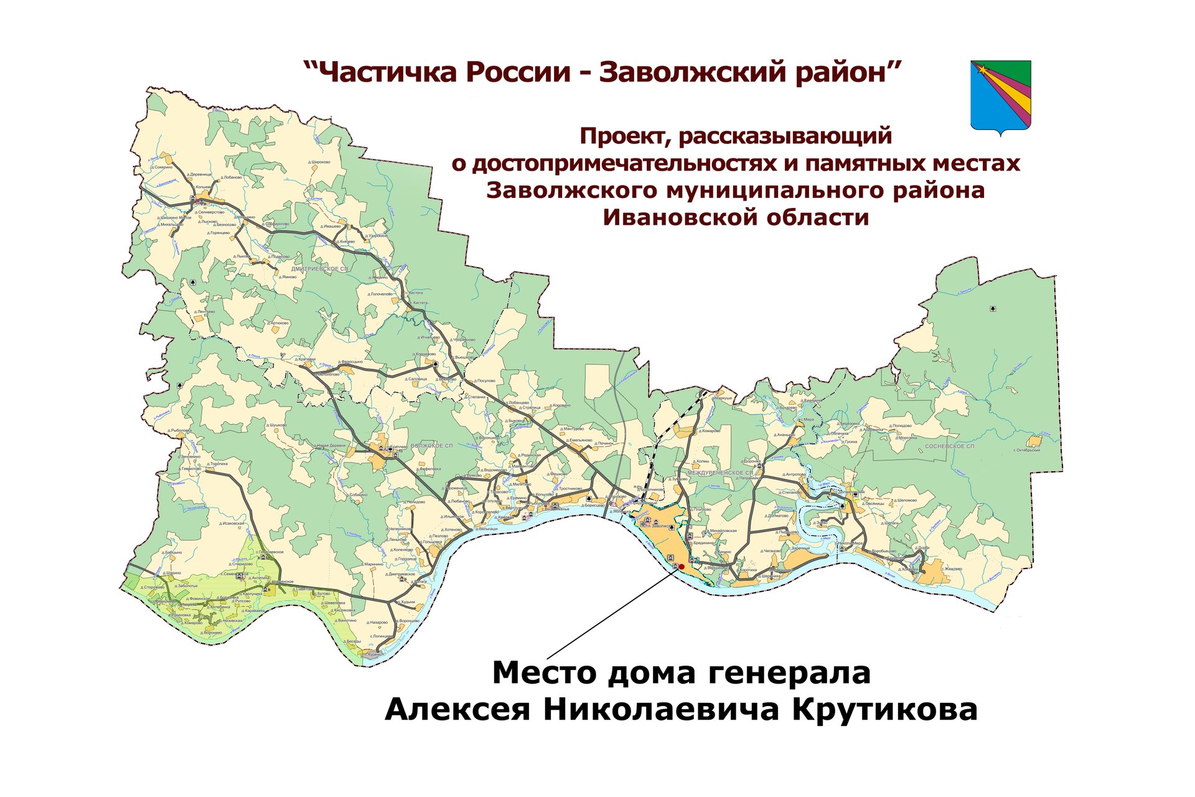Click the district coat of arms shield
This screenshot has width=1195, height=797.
point(1000,97)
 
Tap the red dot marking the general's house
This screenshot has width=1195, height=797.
point(682,567)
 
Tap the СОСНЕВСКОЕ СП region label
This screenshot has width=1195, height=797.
point(949,446)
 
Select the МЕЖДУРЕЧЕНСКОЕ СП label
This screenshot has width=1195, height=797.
point(720,473)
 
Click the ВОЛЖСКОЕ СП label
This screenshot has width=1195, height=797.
point(431,446)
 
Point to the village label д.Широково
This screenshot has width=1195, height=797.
point(319,162)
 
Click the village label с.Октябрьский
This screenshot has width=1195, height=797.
point(1026,450)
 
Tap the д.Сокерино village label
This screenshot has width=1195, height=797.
point(161,167)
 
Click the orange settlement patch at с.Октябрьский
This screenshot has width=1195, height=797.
point(1034,441)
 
